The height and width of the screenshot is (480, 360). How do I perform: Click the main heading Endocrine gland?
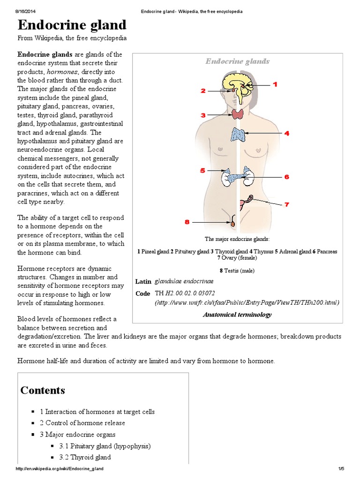(x=72, y=25)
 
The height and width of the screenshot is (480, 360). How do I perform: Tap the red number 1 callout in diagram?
(x=275, y=84)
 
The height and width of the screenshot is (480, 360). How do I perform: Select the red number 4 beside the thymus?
(x=286, y=134)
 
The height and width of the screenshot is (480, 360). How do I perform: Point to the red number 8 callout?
(x=187, y=222)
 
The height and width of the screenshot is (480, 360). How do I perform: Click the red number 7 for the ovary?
(x=286, y=204)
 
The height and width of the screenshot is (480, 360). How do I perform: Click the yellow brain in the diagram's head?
(x=237, y=83)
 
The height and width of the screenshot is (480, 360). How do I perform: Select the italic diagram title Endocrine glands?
(x=238, y=61)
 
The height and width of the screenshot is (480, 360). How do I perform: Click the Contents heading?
(x=43, y=390)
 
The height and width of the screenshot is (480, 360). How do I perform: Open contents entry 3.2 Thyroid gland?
(x=85, y=457)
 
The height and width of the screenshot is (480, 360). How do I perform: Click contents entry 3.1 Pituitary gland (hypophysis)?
(x=105, y=446)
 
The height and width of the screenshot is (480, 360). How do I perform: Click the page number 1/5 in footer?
(x=341, y=469)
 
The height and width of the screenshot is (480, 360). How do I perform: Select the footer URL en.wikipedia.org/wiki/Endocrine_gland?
(x=60, y=469)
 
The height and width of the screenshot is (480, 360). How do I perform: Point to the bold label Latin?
(x=143, y=281)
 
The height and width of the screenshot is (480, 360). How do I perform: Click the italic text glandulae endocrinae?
(x=184, y=281)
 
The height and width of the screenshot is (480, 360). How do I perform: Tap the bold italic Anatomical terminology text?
(x=237, y=315)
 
